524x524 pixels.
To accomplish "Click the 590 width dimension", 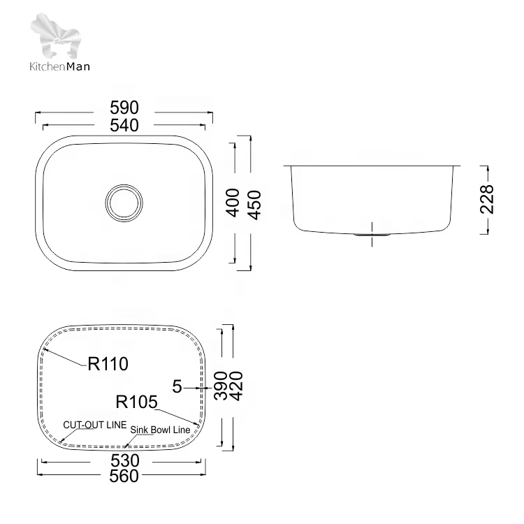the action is pos(124,108).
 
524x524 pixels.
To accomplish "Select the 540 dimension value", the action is pos(124,125).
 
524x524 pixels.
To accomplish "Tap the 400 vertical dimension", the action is pos(233,203).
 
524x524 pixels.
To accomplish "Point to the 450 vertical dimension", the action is pos(254,205).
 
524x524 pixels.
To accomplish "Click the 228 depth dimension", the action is pos(486,199).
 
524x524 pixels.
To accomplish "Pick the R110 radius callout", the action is pos(108,363).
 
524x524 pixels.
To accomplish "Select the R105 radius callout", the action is pos(136,402).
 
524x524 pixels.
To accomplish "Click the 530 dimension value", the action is pos(124,460).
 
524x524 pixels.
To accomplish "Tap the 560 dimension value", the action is pos(124,476).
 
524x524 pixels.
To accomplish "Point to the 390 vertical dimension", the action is pos(221,385).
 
